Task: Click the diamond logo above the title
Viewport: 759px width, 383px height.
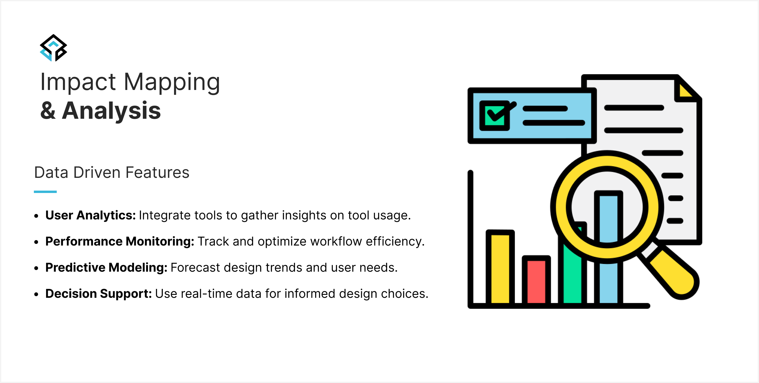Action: click(x=53, y=48)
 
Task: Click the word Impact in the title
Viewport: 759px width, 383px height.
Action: click(x=78, y=82)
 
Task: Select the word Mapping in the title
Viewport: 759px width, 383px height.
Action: click(x=172, y=82)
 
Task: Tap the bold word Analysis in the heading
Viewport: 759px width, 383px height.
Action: click(x=111, y=110)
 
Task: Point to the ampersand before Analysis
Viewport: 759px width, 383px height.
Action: click(x=48, y=110)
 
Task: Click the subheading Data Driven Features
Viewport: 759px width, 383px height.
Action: click(x=112, y=172)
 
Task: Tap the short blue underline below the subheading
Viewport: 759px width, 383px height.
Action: click(x=45, y=192)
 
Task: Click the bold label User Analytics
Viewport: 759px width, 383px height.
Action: click(x=91, y=215)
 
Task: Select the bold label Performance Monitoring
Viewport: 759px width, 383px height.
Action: click(x=120, y=241)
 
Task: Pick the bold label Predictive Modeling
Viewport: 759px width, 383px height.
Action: click(x=106, y=268)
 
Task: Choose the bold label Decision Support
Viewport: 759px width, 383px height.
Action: click(x=99, y=294)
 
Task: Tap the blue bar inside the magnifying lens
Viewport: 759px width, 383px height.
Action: click(x=608, y=218)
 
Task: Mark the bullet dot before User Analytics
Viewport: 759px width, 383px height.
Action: click(x=36, y=216)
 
